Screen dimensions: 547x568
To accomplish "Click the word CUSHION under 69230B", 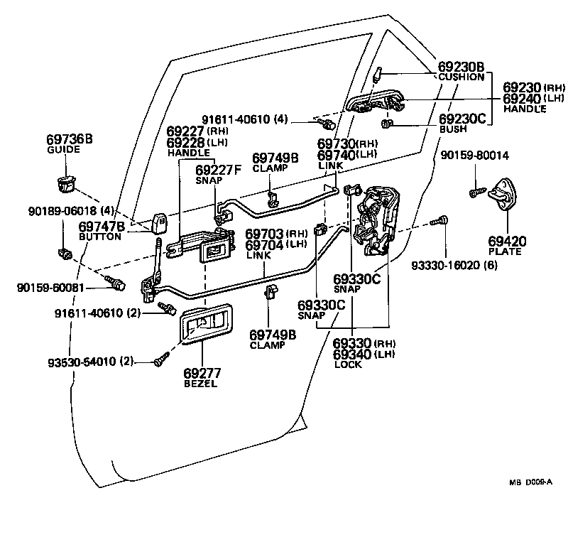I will pyautogui.click(x=461, y=77).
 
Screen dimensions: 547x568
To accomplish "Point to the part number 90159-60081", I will pyautogui.click(x=50, y=288).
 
